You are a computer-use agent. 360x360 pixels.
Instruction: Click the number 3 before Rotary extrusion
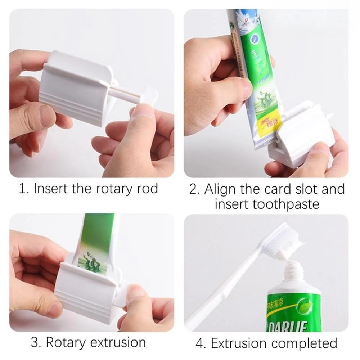pyautogui.click(x=35, y=342)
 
